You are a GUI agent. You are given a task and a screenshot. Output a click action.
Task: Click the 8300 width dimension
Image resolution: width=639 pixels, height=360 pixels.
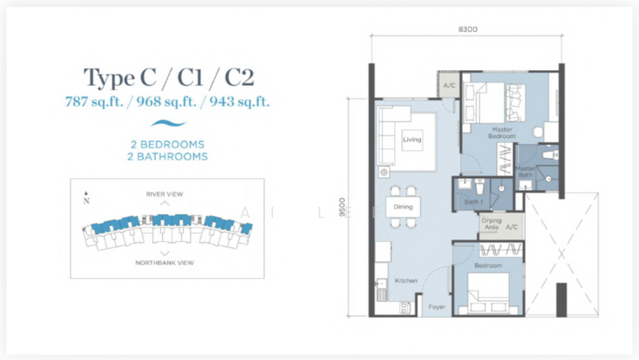(x=467, y=30)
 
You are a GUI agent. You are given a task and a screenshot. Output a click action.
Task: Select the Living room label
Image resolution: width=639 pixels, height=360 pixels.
(x=411, y=139)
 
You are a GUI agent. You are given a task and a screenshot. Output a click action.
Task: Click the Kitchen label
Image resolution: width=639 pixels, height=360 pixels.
(x=406, y=282)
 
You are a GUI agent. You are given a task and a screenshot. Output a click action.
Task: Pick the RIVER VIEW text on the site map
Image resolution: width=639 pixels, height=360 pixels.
(x=165, y=194)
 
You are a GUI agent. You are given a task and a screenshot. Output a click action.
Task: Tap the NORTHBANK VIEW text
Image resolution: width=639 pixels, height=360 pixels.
(x=165, y=263)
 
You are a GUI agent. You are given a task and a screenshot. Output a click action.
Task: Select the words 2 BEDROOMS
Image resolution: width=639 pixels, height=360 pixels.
(x=167, y=144)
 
